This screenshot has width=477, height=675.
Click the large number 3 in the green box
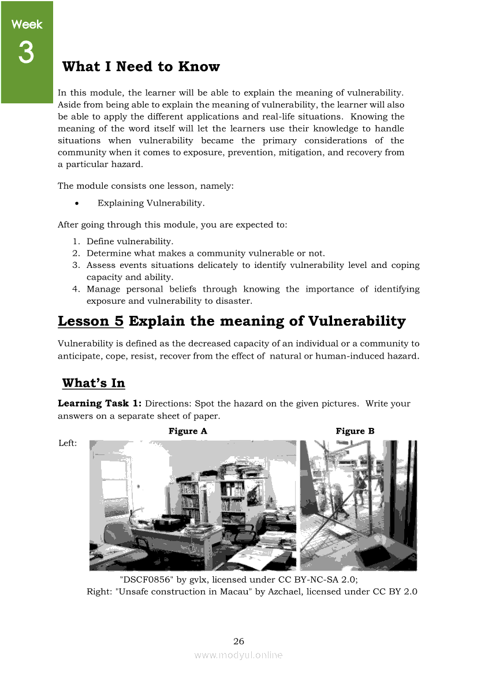26,53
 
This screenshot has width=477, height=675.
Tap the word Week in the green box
27,24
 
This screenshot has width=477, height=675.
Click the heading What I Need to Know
141,66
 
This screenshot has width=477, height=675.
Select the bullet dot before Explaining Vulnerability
77,203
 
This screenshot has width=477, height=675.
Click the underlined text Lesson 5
91,321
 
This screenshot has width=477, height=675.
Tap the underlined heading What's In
93,383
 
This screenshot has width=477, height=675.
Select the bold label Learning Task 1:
100,403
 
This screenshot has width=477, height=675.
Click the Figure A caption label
188,431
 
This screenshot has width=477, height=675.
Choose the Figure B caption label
355,431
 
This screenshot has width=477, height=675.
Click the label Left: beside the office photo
68,443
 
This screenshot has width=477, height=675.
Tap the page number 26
238,641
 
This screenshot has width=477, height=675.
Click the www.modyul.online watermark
238,655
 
